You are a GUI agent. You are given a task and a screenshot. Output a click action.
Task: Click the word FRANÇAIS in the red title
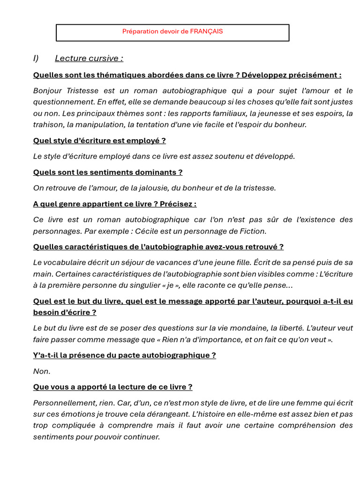pyautogui.click(x=206, y=31)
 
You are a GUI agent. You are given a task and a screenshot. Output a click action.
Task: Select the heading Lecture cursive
pyautogui.click(x=89, y=58)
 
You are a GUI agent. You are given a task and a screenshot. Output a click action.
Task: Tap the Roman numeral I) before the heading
pyautogui.click(x=36, y=58)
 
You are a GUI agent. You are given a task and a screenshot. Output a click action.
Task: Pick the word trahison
pyautogui.click(x=48, y=124)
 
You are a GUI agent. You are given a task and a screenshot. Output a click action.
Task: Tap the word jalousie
pyautogui.click(x=128, y=188)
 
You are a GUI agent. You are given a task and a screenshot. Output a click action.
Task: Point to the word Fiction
pyautogui.click(x=253, y=231)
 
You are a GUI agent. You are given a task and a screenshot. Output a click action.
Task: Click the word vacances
pyautogui.click(x=193, y=262)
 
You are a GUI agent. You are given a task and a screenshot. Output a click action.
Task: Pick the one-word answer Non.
pyautogui.click(x=41, y=371)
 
